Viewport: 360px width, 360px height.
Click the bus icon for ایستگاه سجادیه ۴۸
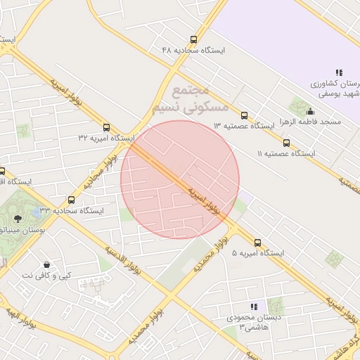pos(193,40)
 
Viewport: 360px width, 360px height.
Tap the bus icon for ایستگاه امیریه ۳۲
pos(106,127)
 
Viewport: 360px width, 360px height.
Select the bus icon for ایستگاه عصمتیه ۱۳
pos(244,115)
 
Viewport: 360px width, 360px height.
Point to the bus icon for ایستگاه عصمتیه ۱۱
pos(286,143)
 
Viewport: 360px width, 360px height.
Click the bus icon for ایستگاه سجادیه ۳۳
pos(71,200)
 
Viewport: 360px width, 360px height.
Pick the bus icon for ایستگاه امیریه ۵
pos(257,243)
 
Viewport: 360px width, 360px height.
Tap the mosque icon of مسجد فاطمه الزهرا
pos(311,111)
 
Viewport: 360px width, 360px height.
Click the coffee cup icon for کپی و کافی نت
pos(46,264)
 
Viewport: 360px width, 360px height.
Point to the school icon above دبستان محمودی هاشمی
pos(255,307)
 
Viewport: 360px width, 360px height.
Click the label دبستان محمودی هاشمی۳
pos(252,323)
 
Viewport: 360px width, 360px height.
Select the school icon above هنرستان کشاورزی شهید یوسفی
pos(339,72)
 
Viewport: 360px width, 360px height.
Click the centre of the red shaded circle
pos(180,179)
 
